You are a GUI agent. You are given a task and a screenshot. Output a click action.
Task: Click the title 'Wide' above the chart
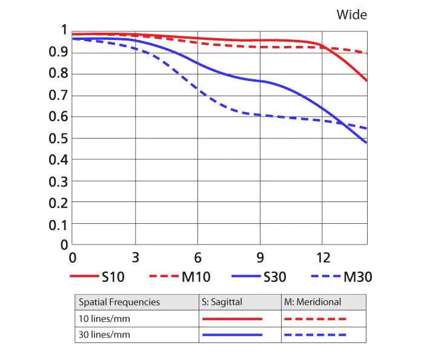tap(352, 15)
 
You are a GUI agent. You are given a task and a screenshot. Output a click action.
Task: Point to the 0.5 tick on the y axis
tap(58, 139)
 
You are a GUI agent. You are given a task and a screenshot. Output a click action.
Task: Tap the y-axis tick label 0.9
tap(58, 53)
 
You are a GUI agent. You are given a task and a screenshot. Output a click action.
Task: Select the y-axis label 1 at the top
tap(64, 30)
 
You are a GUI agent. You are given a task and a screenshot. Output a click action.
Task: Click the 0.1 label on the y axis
tap(58, 224)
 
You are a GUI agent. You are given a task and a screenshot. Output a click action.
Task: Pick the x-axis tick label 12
tap(323, 257)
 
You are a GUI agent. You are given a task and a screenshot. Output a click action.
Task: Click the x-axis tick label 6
tap(197, 257)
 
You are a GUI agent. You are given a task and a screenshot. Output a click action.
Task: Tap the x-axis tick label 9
tap(260, 257)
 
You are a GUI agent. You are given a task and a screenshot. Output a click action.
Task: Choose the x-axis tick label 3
tap(135, 257)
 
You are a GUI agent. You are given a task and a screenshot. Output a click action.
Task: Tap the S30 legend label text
tap(275, 278)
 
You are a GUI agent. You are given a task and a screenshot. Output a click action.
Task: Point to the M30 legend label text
tap(357, 278)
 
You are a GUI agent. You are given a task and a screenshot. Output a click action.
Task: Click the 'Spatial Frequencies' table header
tap(119, 302)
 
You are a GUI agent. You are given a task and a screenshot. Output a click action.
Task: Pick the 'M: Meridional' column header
tap(313, 302)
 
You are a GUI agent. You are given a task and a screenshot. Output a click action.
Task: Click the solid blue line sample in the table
tap(232, 335)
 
